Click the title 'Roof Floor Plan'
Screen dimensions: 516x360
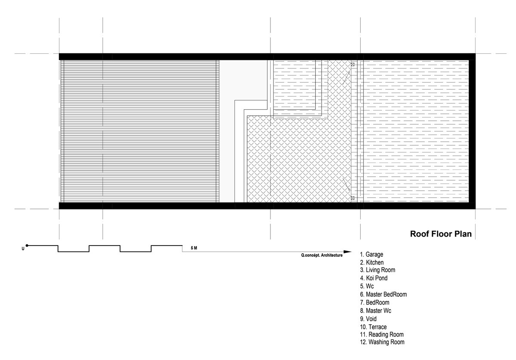click(441, 234)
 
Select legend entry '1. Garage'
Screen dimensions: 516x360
click(372, 255)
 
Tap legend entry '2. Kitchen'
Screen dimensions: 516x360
click(372, 262)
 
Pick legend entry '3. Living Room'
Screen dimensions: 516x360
click(378, 270)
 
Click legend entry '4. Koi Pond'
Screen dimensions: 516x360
click(374, 278)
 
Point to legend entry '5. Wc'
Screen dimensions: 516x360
click(367, 286)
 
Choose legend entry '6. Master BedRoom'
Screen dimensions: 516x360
click(384, 294)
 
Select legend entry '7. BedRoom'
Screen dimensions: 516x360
click(375, 302)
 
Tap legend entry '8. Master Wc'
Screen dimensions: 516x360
click(376, 311)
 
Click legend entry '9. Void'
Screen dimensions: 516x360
click(369, 319)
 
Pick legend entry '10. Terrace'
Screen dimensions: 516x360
click(373, 327)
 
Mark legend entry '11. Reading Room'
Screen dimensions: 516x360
click(382, 335)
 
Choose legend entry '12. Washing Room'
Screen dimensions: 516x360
click(382, 342)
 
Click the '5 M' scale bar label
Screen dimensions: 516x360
click(194, 248)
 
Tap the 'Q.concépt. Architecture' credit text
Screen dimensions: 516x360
click(322, 255)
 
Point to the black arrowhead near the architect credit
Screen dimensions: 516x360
click(347, 252)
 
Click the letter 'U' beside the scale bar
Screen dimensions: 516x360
click(23, 249)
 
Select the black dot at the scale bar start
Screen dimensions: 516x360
click(27, 246)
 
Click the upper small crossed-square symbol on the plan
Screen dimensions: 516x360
click(353, 65)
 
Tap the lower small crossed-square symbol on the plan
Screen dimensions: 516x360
click(353, 198)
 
